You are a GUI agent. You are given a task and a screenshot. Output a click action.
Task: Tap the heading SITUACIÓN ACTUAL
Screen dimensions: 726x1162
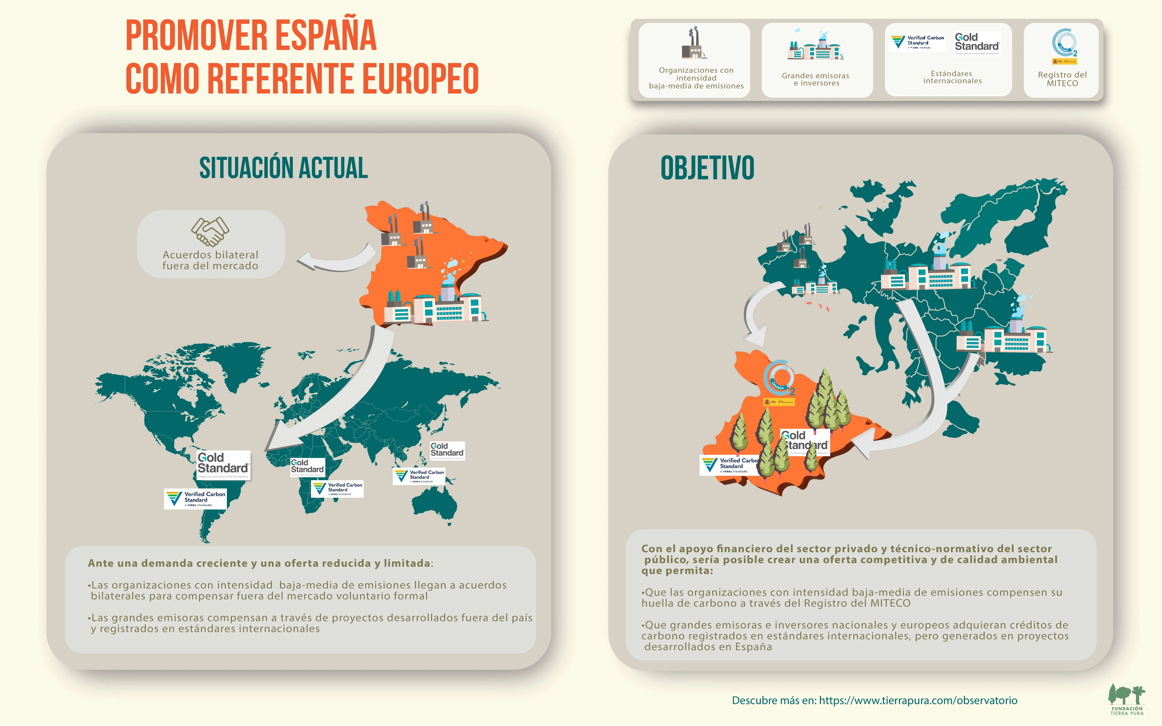(283, 168)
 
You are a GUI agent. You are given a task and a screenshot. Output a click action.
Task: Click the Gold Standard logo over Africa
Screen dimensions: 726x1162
(307, 467)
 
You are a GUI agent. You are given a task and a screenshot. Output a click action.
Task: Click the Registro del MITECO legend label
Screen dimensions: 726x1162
(1062, 79)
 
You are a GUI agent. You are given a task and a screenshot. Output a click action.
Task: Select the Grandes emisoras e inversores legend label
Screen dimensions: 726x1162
(815, 79)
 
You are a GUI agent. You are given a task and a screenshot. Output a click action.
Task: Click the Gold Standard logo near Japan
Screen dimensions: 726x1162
(447, 450)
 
